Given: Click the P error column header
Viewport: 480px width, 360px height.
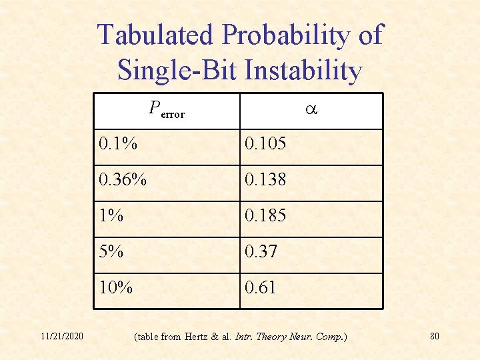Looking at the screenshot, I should tap(167, 110).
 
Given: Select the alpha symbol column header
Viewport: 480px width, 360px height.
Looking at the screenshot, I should tap(311, 110).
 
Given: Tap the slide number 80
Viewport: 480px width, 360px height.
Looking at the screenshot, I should tap(435, 335).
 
